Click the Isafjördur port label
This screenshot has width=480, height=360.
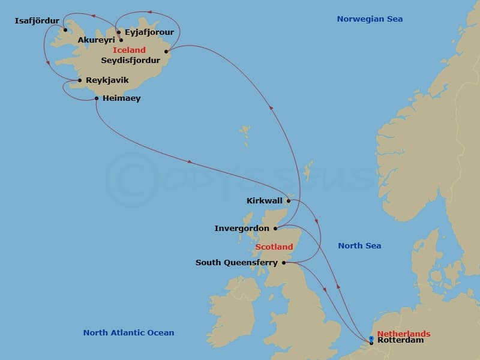pos(37,20)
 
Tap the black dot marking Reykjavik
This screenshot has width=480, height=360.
pos(79,80)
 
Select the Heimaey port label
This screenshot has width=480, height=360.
pos(121,98)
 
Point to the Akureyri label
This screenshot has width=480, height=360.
pos(96,40)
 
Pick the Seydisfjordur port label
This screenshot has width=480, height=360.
pos(131,60)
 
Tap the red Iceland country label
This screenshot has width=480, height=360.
pos(129,50)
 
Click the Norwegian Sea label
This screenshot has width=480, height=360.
pos(370,19)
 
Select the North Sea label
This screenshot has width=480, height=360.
pos(359,245)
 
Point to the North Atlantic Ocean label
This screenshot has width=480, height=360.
pos(128,332)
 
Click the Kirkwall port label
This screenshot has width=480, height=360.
pos(265,200)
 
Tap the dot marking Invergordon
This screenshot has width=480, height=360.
pos(275,229)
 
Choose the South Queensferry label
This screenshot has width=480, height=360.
pos(236,262)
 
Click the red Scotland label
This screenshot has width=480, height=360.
pos(274,247)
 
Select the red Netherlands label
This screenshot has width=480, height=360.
pos(404,334)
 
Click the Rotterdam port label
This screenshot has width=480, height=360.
pos(401,340)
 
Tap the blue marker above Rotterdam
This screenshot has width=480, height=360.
pos(371,338)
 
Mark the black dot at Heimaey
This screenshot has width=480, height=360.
pos(97,98)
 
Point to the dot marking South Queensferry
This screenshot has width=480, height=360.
pos(284,262)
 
